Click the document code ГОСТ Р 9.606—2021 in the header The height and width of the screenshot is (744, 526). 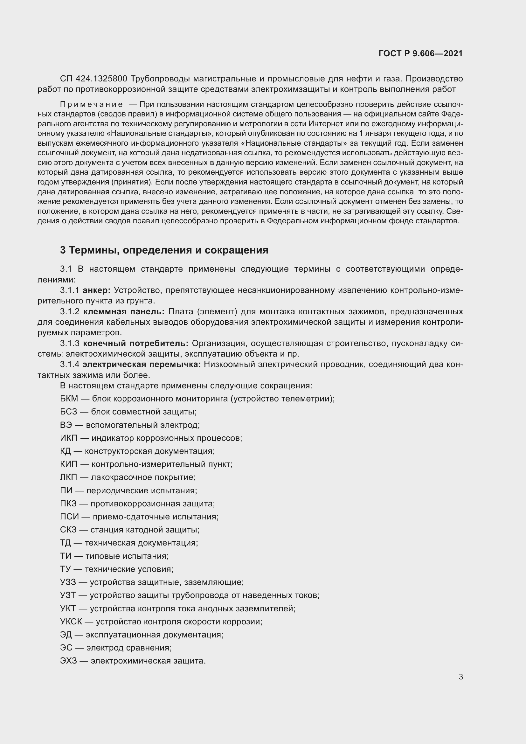click(x=420, y=53)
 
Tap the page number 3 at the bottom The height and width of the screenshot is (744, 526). click(x=460, y=677)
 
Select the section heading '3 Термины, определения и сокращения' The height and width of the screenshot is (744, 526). click(x=164, y=250)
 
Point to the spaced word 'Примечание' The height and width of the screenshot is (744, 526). click(x=91, y=104)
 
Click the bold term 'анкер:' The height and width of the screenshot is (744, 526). click(x=97, y=290)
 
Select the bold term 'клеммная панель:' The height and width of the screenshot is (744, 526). click(x=124, y=311)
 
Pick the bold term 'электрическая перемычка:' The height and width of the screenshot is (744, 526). click(x=142, y=365)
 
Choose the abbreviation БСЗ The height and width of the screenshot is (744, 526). click(x=69, y=412)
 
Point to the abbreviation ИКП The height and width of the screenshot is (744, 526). click(x=69, y=438)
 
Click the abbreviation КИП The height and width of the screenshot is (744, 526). click(x=69, y=464)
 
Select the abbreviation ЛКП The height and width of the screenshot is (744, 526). click(x=69, y=477)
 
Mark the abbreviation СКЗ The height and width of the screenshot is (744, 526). click(x=68, y=530)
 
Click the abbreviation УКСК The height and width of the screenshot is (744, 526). click(x=71, y=622)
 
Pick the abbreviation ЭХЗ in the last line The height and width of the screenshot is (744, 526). click(x=69, y=661)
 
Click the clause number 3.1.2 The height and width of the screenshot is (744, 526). click(x=70, y=311)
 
